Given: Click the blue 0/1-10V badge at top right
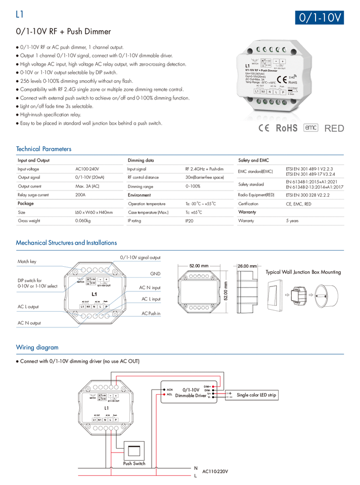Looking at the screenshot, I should (320, 17).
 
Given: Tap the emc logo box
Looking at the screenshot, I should (310, 127).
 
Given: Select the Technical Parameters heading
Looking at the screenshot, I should (43, 149).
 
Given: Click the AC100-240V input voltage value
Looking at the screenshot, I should (87, 169).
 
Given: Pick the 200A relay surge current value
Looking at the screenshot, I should (80, 195).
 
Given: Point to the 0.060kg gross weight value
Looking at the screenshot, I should (83, 221).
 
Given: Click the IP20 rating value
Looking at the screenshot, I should (190, 221).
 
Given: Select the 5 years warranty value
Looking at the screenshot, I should (292, 221).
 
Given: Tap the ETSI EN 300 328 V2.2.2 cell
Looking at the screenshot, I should (307, 195).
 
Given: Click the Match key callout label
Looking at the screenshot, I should (27, 262).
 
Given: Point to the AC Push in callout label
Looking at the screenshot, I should (151, 313).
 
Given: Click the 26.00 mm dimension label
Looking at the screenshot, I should (247, 266).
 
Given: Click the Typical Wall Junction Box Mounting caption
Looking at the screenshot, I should (303, 272).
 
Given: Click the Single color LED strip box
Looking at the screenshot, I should (256, 395).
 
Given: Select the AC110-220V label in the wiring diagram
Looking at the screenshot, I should (215, 471).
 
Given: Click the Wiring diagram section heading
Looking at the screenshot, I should (37, 348).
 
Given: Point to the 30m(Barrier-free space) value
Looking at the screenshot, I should (204, 177).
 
